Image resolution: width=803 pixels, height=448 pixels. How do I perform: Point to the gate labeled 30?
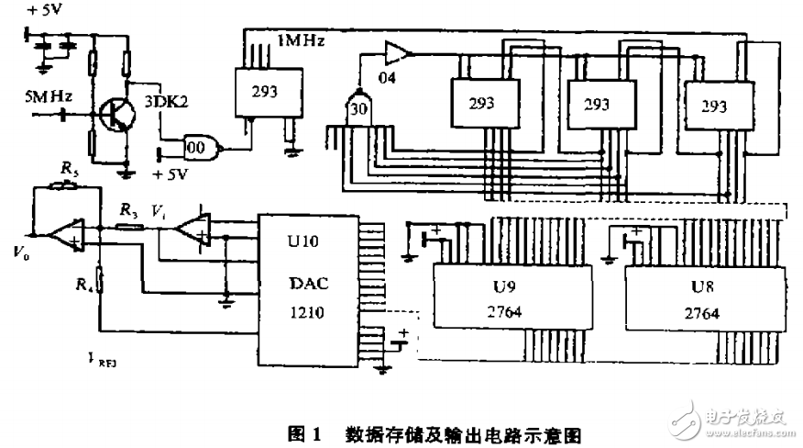point(357,108)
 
